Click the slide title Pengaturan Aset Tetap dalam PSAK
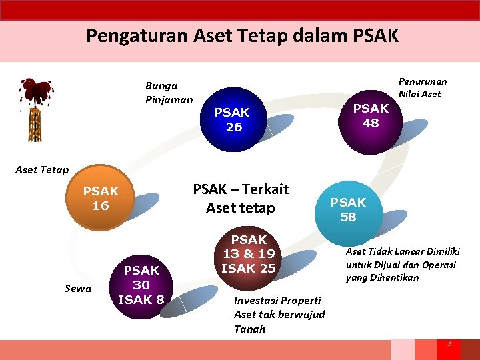pos(242,35)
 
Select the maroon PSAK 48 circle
pos(370,115)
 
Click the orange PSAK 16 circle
pos(101,198)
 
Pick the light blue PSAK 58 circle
pos(348,210)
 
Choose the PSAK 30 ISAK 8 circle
pos(141,285)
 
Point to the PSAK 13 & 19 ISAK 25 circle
pos(248,254)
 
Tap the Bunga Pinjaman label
pos(169,93)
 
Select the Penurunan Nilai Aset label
pos(423,87)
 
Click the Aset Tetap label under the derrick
pos(42,170)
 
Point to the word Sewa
pos(78,288)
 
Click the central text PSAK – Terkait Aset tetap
pos(241,199)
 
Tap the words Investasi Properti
pos(277,300)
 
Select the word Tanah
pos(250,329)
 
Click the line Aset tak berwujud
pos(279,314)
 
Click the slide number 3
pos(449,343)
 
